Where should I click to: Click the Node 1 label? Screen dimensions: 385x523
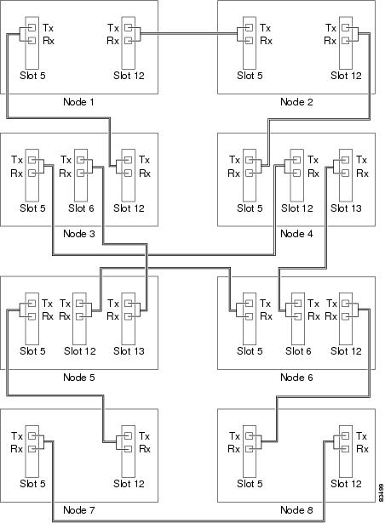point(78,102)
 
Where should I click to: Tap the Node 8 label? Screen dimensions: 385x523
point(296,509)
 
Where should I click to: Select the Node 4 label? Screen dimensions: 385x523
point(296,234)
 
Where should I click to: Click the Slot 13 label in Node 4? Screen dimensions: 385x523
point(346,208)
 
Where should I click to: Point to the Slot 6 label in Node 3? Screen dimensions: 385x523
point(81,208)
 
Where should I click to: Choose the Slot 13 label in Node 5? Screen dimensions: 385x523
point(129,351)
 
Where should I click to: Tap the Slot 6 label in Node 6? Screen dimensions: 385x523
point(298,351)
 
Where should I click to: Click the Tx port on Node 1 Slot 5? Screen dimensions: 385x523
point(32,27)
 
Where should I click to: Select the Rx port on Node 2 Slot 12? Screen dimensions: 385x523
point(346,41)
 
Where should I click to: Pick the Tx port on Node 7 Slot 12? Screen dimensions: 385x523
point(128,435)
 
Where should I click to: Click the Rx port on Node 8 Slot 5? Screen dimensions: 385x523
point(250,449)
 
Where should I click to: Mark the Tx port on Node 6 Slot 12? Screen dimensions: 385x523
point(346,304)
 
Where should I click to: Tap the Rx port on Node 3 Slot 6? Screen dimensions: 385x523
point(81,173)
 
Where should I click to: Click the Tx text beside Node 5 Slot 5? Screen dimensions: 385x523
point(47,304)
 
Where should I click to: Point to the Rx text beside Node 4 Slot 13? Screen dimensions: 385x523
point(362,173)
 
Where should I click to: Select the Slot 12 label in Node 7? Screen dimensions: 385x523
point(129,484)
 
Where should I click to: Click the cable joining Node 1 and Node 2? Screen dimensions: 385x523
point(189,33)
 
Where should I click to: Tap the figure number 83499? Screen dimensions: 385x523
point(382,493)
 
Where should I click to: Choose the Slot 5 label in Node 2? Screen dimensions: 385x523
point(250,76)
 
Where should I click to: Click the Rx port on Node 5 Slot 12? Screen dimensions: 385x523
point(79,316)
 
